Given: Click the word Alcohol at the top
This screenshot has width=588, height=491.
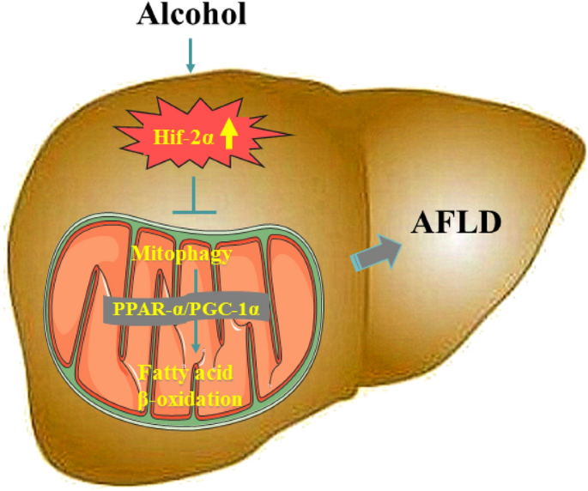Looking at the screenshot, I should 191,15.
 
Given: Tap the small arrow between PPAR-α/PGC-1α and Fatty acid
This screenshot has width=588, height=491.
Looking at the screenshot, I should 197,339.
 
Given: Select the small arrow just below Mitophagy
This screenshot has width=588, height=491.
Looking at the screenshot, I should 197,279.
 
